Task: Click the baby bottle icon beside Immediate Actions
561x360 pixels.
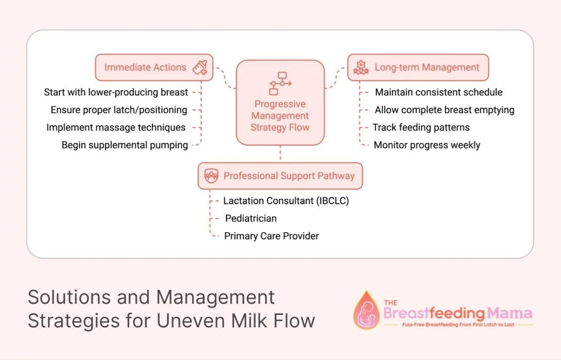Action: click(201, 67)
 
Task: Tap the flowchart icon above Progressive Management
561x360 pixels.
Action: click(280, 83)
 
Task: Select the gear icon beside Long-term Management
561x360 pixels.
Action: click(360, 67)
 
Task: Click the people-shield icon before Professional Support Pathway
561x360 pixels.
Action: click(211, 176)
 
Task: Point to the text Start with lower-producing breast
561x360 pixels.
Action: click(116, 92)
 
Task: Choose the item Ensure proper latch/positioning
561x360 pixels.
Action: click(119, 110)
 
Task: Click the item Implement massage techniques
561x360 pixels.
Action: click(116, 127)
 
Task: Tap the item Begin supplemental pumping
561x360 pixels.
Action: click(125, 145)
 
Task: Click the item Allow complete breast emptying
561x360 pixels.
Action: click(444, 110)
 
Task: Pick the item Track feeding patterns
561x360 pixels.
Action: click(421, 127)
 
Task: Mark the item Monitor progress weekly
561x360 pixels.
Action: click(427, 145)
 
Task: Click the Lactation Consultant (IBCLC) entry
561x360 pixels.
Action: click(286, 201)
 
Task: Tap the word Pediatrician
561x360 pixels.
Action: click(251, 218)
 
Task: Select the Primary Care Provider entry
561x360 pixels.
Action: click(271, 236)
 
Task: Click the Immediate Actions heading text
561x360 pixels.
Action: click(145, 67)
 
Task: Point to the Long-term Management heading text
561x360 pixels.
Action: click(427, 67)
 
